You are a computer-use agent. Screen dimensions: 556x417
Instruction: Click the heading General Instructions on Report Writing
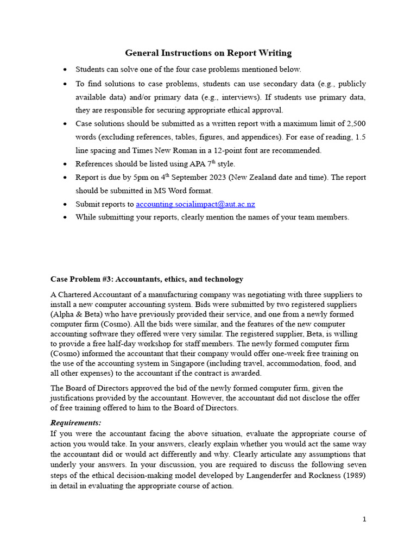208,53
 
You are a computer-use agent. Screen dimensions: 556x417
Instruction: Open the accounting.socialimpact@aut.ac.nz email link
195,204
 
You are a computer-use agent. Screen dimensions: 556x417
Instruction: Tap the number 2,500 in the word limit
353,123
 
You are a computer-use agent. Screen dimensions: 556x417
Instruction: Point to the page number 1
364,519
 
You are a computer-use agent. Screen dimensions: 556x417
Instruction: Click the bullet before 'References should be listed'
65,164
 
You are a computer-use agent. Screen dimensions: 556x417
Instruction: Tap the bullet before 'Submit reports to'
65,205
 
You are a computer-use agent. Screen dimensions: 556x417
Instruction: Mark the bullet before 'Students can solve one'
65,70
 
